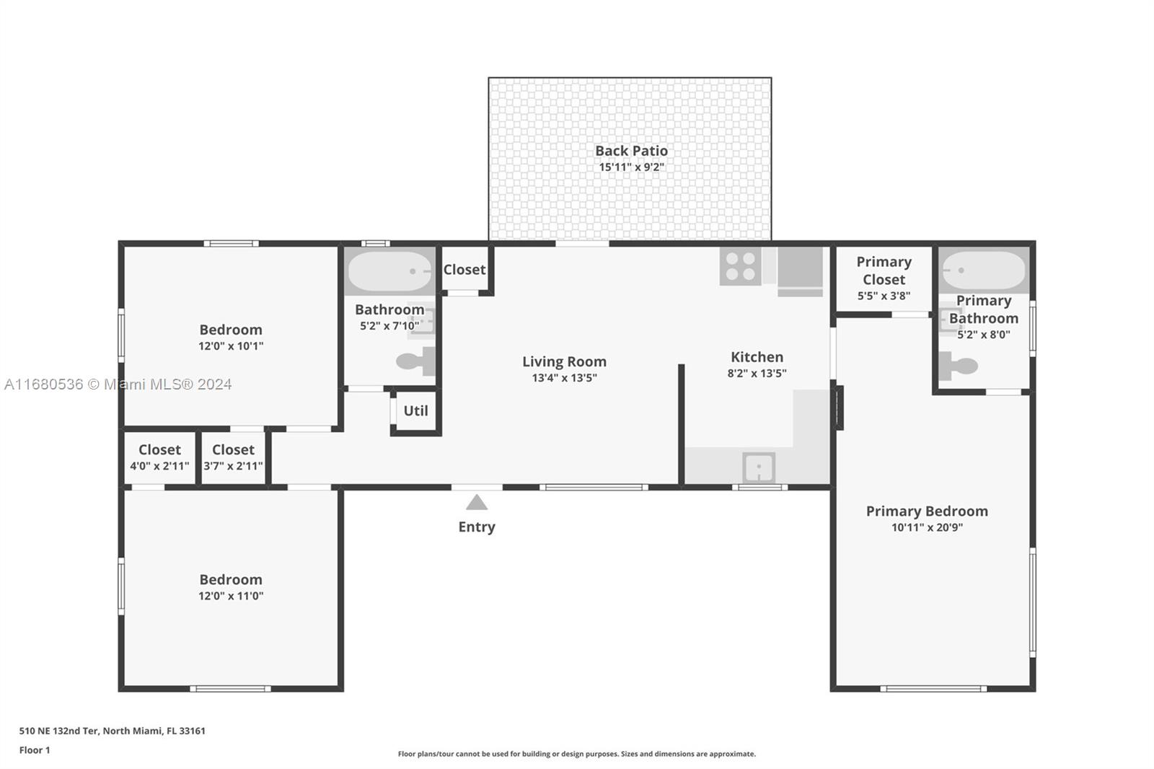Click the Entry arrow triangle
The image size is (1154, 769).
click(477, 503)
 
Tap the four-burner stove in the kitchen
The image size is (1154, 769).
click(740, 266)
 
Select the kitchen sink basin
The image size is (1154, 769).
click(758, 467)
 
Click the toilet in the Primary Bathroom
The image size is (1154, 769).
click(958, 366)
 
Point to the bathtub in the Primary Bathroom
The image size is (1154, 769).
click(984, 270)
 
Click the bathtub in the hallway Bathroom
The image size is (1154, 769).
click(390, 271)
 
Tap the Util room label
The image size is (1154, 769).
click(415, 410)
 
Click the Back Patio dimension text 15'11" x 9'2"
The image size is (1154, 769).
click(631, 167)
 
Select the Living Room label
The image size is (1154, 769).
click(564, 361)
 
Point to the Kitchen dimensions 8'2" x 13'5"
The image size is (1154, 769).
click(757, 373)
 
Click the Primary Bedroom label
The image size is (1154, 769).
click(927, 511)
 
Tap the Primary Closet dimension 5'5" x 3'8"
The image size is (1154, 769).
click(884, 296)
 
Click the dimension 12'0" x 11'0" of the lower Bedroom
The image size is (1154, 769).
click(231, 596)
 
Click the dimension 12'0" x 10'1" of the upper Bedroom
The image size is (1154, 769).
click(231, 346)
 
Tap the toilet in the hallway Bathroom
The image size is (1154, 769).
click(415, 361)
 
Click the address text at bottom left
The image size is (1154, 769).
click(113, 731)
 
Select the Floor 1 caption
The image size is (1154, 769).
click(35, 750)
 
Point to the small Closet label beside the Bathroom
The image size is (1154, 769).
click(464, 270)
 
